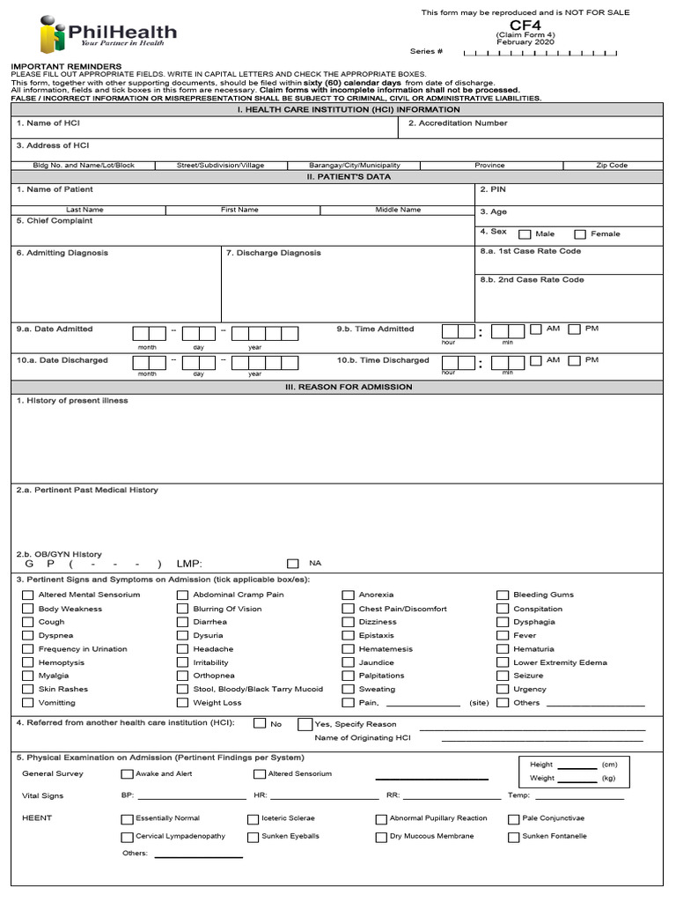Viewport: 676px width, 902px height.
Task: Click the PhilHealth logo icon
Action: point(54,36)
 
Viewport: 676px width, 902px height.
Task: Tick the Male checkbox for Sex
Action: point(525,234)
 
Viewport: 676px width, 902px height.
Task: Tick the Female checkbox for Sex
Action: point(580,234)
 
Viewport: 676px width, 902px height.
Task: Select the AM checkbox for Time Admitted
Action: point(536,329)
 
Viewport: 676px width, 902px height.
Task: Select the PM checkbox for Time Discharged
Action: point(575,360)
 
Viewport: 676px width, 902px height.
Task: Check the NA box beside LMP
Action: point(293,564)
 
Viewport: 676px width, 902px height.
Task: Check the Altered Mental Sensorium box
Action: point(27,595)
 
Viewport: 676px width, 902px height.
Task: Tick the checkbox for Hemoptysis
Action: point(27,662)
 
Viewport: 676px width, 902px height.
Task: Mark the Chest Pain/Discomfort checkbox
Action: point(349,609)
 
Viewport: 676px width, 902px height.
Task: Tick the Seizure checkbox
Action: point(503,676)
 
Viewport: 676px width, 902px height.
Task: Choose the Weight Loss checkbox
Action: point(182,703)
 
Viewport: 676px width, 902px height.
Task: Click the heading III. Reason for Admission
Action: point(337,387)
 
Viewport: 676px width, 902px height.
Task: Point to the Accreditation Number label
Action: point(457,123)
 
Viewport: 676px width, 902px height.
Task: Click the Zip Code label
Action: point(611,165)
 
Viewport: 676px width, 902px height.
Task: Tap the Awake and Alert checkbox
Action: point(128,774)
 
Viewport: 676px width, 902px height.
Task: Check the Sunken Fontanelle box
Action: point(513,837)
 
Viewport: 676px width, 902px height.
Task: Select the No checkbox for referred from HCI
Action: point(260,723)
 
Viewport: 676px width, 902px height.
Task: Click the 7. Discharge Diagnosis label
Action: point(273,253)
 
